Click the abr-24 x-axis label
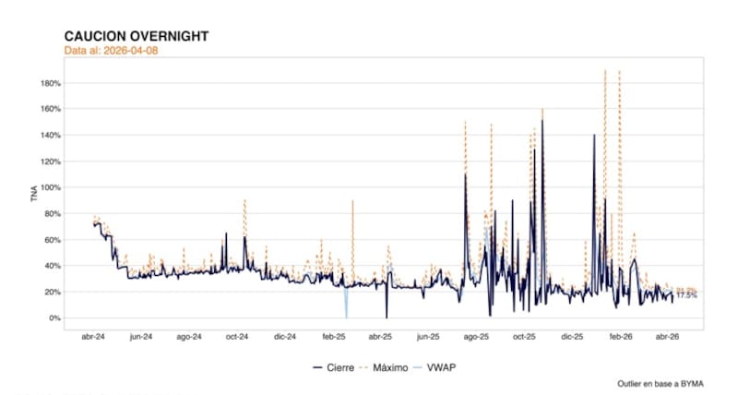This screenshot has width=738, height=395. pos(93,338)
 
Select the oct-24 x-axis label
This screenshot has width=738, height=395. pos(237,338)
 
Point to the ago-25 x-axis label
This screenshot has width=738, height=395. pos(476,338)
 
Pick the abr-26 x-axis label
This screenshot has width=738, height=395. pos(668,338)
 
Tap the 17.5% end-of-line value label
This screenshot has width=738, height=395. pos(686,295)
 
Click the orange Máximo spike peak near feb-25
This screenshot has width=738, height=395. pos(352,201)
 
